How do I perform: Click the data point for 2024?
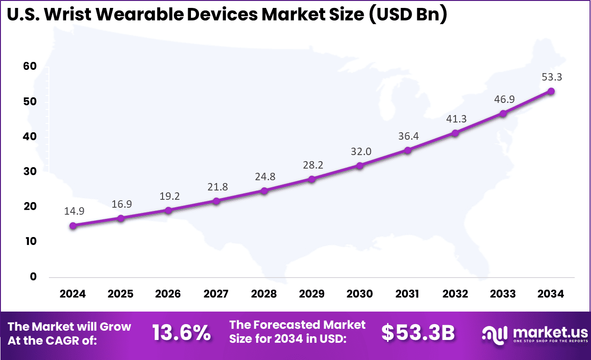73,226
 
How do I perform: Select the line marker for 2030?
360,165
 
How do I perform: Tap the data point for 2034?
551,91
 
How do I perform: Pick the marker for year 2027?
217,201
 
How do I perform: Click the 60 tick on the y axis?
29,67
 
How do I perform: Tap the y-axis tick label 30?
29,171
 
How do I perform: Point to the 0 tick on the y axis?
33,277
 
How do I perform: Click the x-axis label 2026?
168,294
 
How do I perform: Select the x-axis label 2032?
455,294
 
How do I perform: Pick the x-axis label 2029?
312,294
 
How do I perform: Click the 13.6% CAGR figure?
182,333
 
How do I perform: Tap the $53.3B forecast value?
418,333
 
